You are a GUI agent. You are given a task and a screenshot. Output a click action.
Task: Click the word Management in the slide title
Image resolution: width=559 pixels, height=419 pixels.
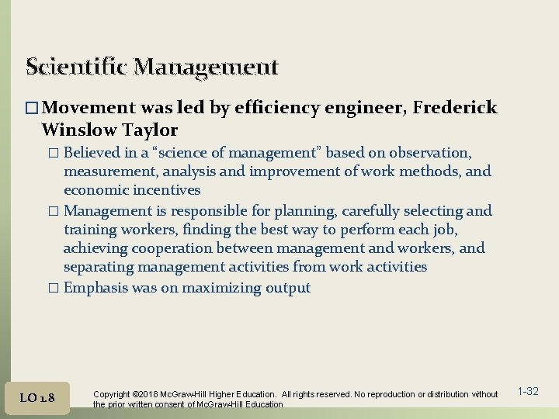pyautogui.click(x=206, y=68)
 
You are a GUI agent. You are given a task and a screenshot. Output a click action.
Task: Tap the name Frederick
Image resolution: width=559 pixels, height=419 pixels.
pyautogui.click(x=455, y=108)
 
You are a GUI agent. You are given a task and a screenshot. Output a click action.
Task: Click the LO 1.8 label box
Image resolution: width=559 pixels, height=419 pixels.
pyautogui.click(x=37, y=397)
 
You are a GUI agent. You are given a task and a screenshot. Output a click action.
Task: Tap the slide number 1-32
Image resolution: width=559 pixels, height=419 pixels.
pyautogui.click(x=528, y=391)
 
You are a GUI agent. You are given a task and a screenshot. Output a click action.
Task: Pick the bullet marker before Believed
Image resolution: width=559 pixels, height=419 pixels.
pyautogui.click(x=54, y=153)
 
